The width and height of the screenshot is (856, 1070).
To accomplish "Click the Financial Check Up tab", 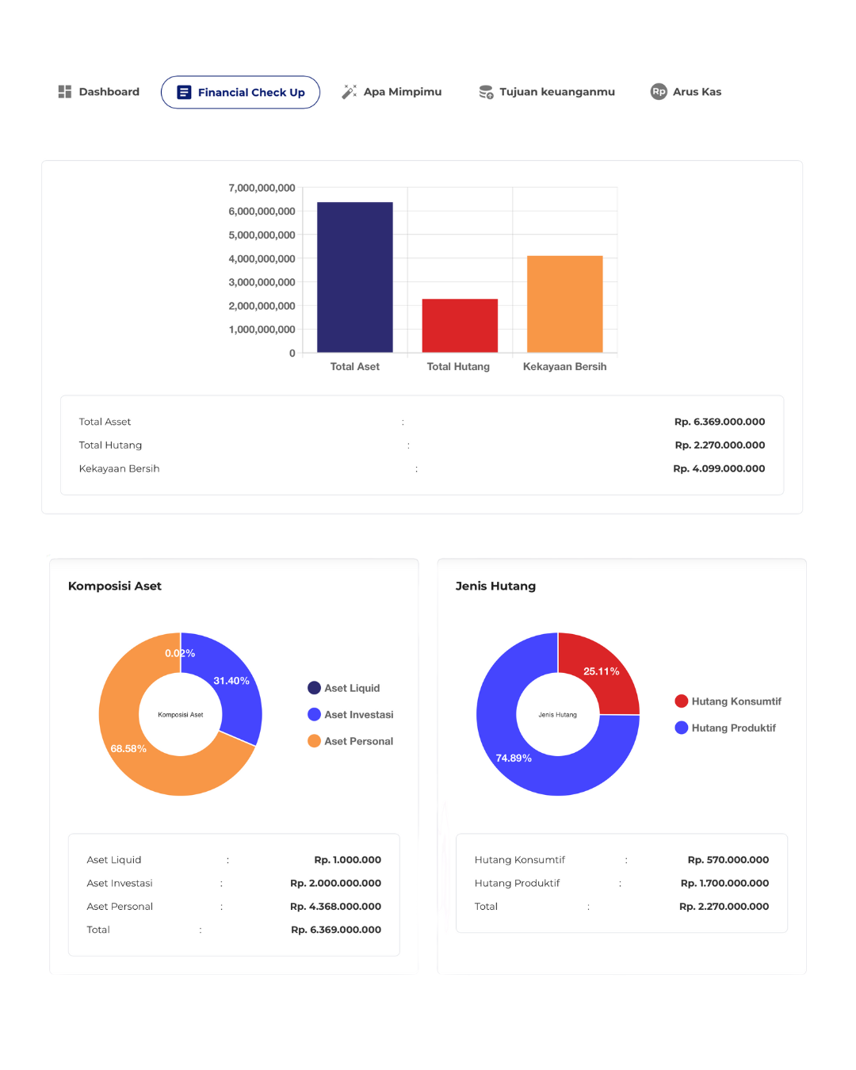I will (x=240, y=92).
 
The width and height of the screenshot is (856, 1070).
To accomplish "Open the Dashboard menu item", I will (x=99, y=92).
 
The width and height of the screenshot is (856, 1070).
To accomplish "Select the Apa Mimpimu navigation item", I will (x=392, y=92).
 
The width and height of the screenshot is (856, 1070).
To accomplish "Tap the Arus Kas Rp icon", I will (x=659, y=92).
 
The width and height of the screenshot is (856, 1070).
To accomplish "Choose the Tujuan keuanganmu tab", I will (x=547, y=92).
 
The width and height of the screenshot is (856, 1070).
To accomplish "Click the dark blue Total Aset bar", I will (x=354, y=277).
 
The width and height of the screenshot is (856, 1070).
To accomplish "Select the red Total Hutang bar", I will (x=460, y=326).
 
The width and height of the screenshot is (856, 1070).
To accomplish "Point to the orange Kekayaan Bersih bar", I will (x=564, y=304).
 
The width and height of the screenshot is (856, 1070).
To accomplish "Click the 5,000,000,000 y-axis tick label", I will (x=262, y=235).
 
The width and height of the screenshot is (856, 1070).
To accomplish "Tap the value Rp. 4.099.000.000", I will (x=719, y=468).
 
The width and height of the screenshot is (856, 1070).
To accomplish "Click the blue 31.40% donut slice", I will (x=234, y=690).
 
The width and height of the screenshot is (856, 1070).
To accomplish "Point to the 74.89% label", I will (x=514, y=759).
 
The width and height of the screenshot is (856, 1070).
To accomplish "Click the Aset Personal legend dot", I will (x=314, y=741).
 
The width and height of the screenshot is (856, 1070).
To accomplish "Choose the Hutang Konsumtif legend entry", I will (x=728, y=701).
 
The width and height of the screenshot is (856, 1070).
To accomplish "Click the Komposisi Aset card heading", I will (x=115, y=586).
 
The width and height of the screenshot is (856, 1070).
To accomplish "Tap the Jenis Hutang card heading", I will (x=495, y=586).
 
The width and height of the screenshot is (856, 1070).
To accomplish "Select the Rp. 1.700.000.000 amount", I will (x=724, y=883).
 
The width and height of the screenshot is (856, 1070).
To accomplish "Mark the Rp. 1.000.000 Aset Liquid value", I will (x=347, y=860).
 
